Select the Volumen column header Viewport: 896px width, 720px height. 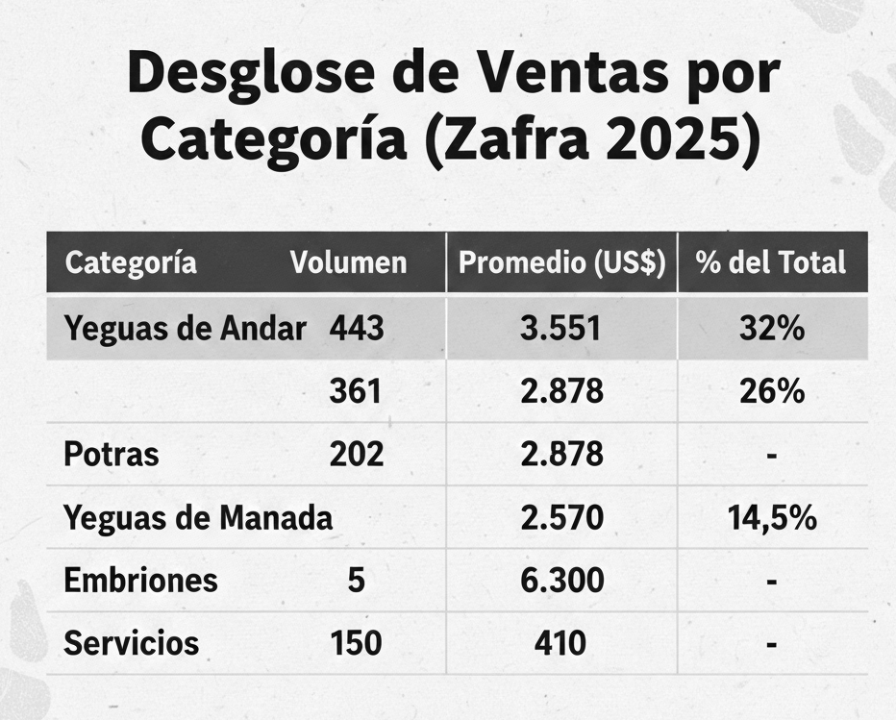pyautogui.click(x=349, y=262)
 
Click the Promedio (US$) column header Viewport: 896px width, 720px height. pyautogui.click(x=561, y=262)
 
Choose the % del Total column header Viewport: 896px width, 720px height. pyautogui.click(x=772, y=262)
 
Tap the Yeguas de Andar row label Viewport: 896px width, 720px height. pyautogui.click(x=185, y=329)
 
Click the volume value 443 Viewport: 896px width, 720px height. pyautogui.click(x=356, y=329)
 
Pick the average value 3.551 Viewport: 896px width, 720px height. pyautogui.click(x=561, y=329)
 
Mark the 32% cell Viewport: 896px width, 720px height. pyautogui.click(x=772, y=329)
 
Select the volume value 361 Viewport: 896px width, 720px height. pyautogui.click(x=356, y=391)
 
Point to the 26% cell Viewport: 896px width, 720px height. pyautogui.click(x=772, y=391)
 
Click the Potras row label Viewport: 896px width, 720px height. pyautogui.click(x=112, y=454)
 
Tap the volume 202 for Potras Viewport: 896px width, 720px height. pyautogui.click(x=356, y=454)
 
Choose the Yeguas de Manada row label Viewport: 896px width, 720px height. pyautogui.click(x=198, y=518)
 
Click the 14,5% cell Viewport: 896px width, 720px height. pyautogui.click(x=772, y=518)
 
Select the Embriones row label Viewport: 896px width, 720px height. pyautogui.click(x=140, y=581)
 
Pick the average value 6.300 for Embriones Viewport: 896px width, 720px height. pyautogui.click(x=561, y=581)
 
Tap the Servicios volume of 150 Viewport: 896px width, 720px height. pyautogui.click(x=356, y=643)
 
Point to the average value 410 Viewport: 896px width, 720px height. pyautogui.click(x=560, y=643)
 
